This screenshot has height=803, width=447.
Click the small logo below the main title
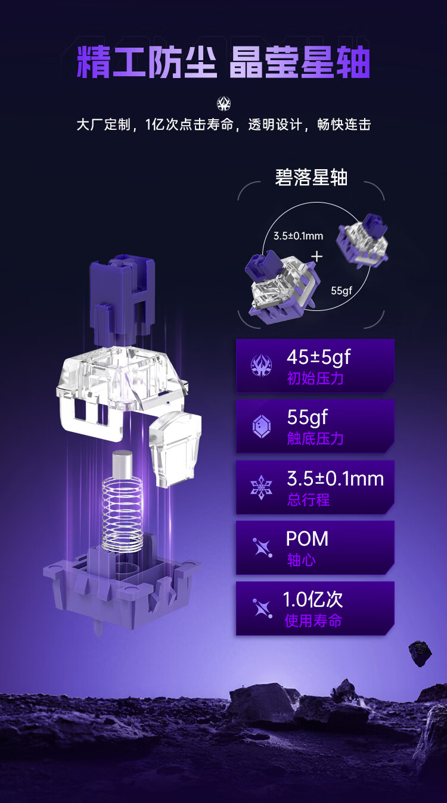tap(224, 104)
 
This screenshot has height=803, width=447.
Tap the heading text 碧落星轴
tap(311, 178)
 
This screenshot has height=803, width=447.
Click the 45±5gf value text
tap(319, 357)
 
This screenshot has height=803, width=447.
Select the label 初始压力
tap(315, 378)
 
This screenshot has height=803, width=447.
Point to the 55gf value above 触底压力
tap(308, 417)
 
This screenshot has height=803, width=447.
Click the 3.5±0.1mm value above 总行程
tap(336, 478)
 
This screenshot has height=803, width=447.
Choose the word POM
tap(307, 539)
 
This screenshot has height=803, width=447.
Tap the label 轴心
tap(302, 560)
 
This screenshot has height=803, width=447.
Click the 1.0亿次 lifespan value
tap(313, 599)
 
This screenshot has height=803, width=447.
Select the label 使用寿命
tap(313, 621)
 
